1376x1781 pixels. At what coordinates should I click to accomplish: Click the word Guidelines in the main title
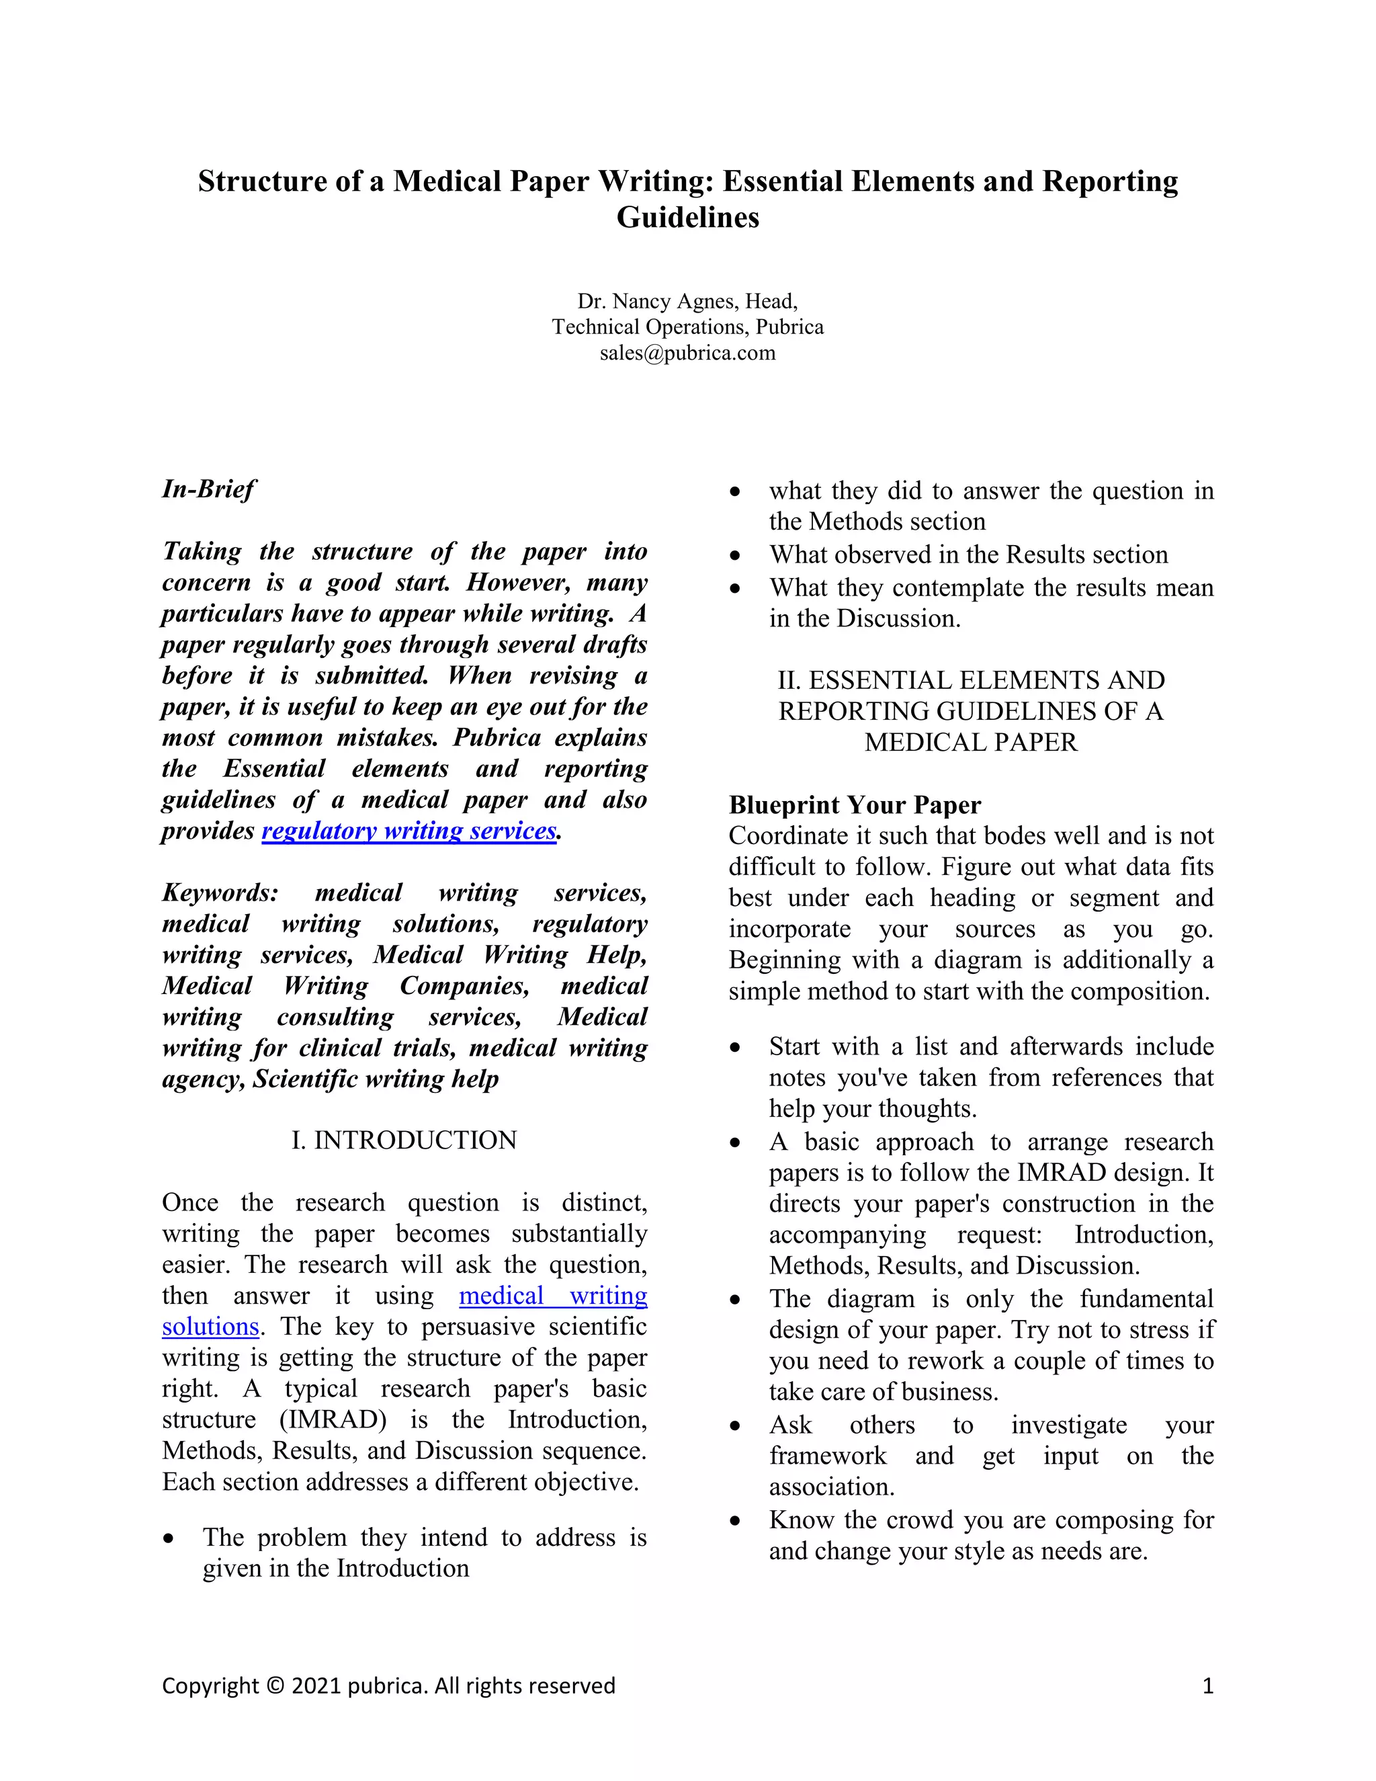click(687, 218)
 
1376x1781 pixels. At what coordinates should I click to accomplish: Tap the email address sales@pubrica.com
click(687, 353)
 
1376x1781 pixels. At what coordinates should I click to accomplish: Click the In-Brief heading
click(209, 489)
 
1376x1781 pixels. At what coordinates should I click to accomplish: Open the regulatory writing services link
click(409, 831)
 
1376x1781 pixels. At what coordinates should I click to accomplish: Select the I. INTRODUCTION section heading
click(404, 1140)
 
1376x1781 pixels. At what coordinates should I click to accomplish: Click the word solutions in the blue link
click(210, 1327)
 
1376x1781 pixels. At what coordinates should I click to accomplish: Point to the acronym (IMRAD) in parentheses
click(333, 1419)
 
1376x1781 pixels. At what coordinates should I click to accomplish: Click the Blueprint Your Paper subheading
click(855, 805)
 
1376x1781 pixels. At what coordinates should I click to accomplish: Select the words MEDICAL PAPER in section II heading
click(970, 743)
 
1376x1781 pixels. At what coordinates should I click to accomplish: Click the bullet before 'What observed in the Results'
click(735, 555)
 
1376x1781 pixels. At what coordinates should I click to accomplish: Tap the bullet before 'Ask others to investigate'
click(735, 1426)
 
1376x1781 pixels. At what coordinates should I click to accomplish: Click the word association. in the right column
click(832, 1487)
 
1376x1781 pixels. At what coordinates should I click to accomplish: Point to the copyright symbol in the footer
click(275, 1686)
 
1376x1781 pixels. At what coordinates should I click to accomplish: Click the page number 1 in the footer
click(1208, 1686)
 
